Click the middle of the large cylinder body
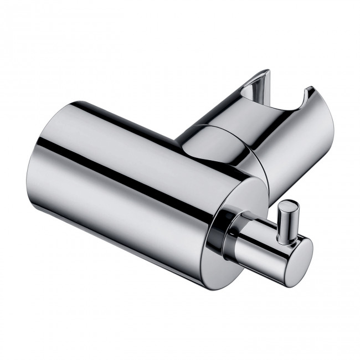tap(138, 183)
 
